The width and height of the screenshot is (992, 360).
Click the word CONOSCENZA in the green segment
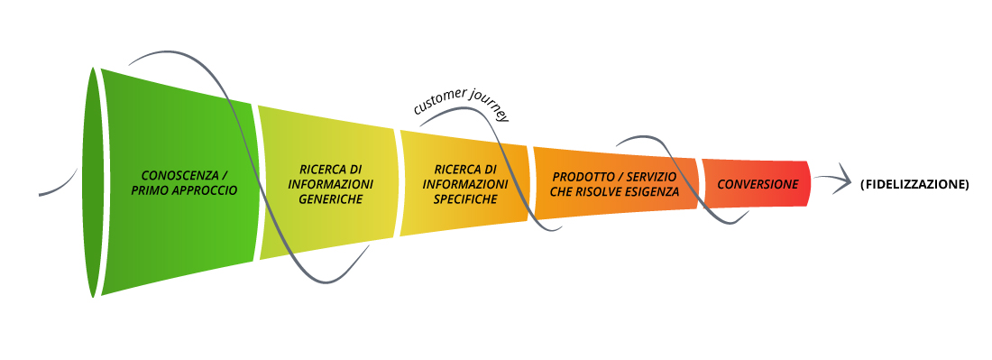click(172, 175)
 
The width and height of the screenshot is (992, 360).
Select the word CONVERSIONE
click(758, 184)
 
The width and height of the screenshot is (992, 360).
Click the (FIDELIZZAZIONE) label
click(914, 184)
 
